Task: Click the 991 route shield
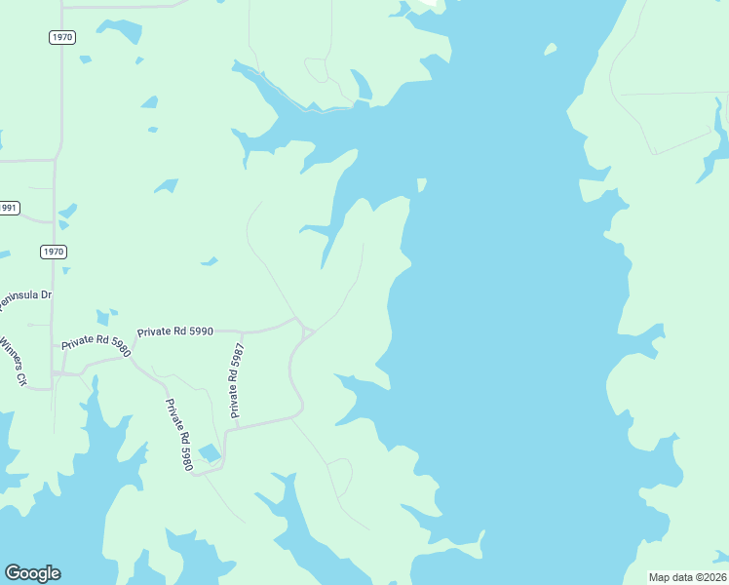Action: [8, 208]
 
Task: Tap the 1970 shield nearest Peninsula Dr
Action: [53, 252]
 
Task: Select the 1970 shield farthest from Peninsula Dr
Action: [61, 37]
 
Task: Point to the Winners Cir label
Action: [14, 361]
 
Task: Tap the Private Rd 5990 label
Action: [174, 331]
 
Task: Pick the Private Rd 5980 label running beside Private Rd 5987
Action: [178, 435]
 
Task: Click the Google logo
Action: [32, 573]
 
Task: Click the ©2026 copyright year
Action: [710, 577]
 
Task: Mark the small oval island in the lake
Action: [551, 49]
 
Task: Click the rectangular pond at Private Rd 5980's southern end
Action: [210, 452]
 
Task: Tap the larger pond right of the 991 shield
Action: [67, 211]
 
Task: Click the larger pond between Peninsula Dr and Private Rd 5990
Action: [102, 318]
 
